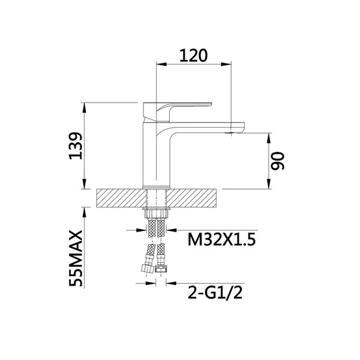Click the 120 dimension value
point(193,56)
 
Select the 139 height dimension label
point(76,146)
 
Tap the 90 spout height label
point(277,161)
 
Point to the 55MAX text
point(76,259)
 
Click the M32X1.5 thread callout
point(221,239)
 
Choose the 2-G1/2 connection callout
point(215,293)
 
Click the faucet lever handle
point(177,112)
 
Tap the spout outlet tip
point(231,133)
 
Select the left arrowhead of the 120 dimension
point(161,64)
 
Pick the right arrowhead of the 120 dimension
point(226,64)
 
